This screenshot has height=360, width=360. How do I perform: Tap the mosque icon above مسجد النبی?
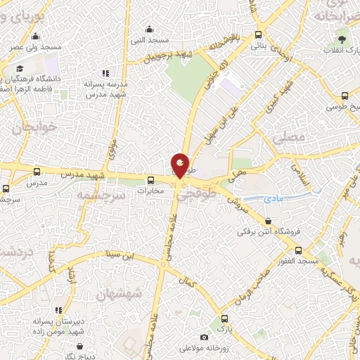coord(149,30)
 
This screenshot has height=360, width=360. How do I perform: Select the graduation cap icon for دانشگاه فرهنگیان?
coord(20,68)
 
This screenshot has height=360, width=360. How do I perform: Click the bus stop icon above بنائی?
coord(259,34)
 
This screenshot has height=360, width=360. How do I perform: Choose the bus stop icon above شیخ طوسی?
coord(345,96)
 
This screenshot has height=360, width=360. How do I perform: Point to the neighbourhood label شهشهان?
coord(120,293)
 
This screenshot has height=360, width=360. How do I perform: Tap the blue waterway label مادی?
coord(274,200)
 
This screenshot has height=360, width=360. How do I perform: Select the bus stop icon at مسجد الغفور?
coord(298,250)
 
